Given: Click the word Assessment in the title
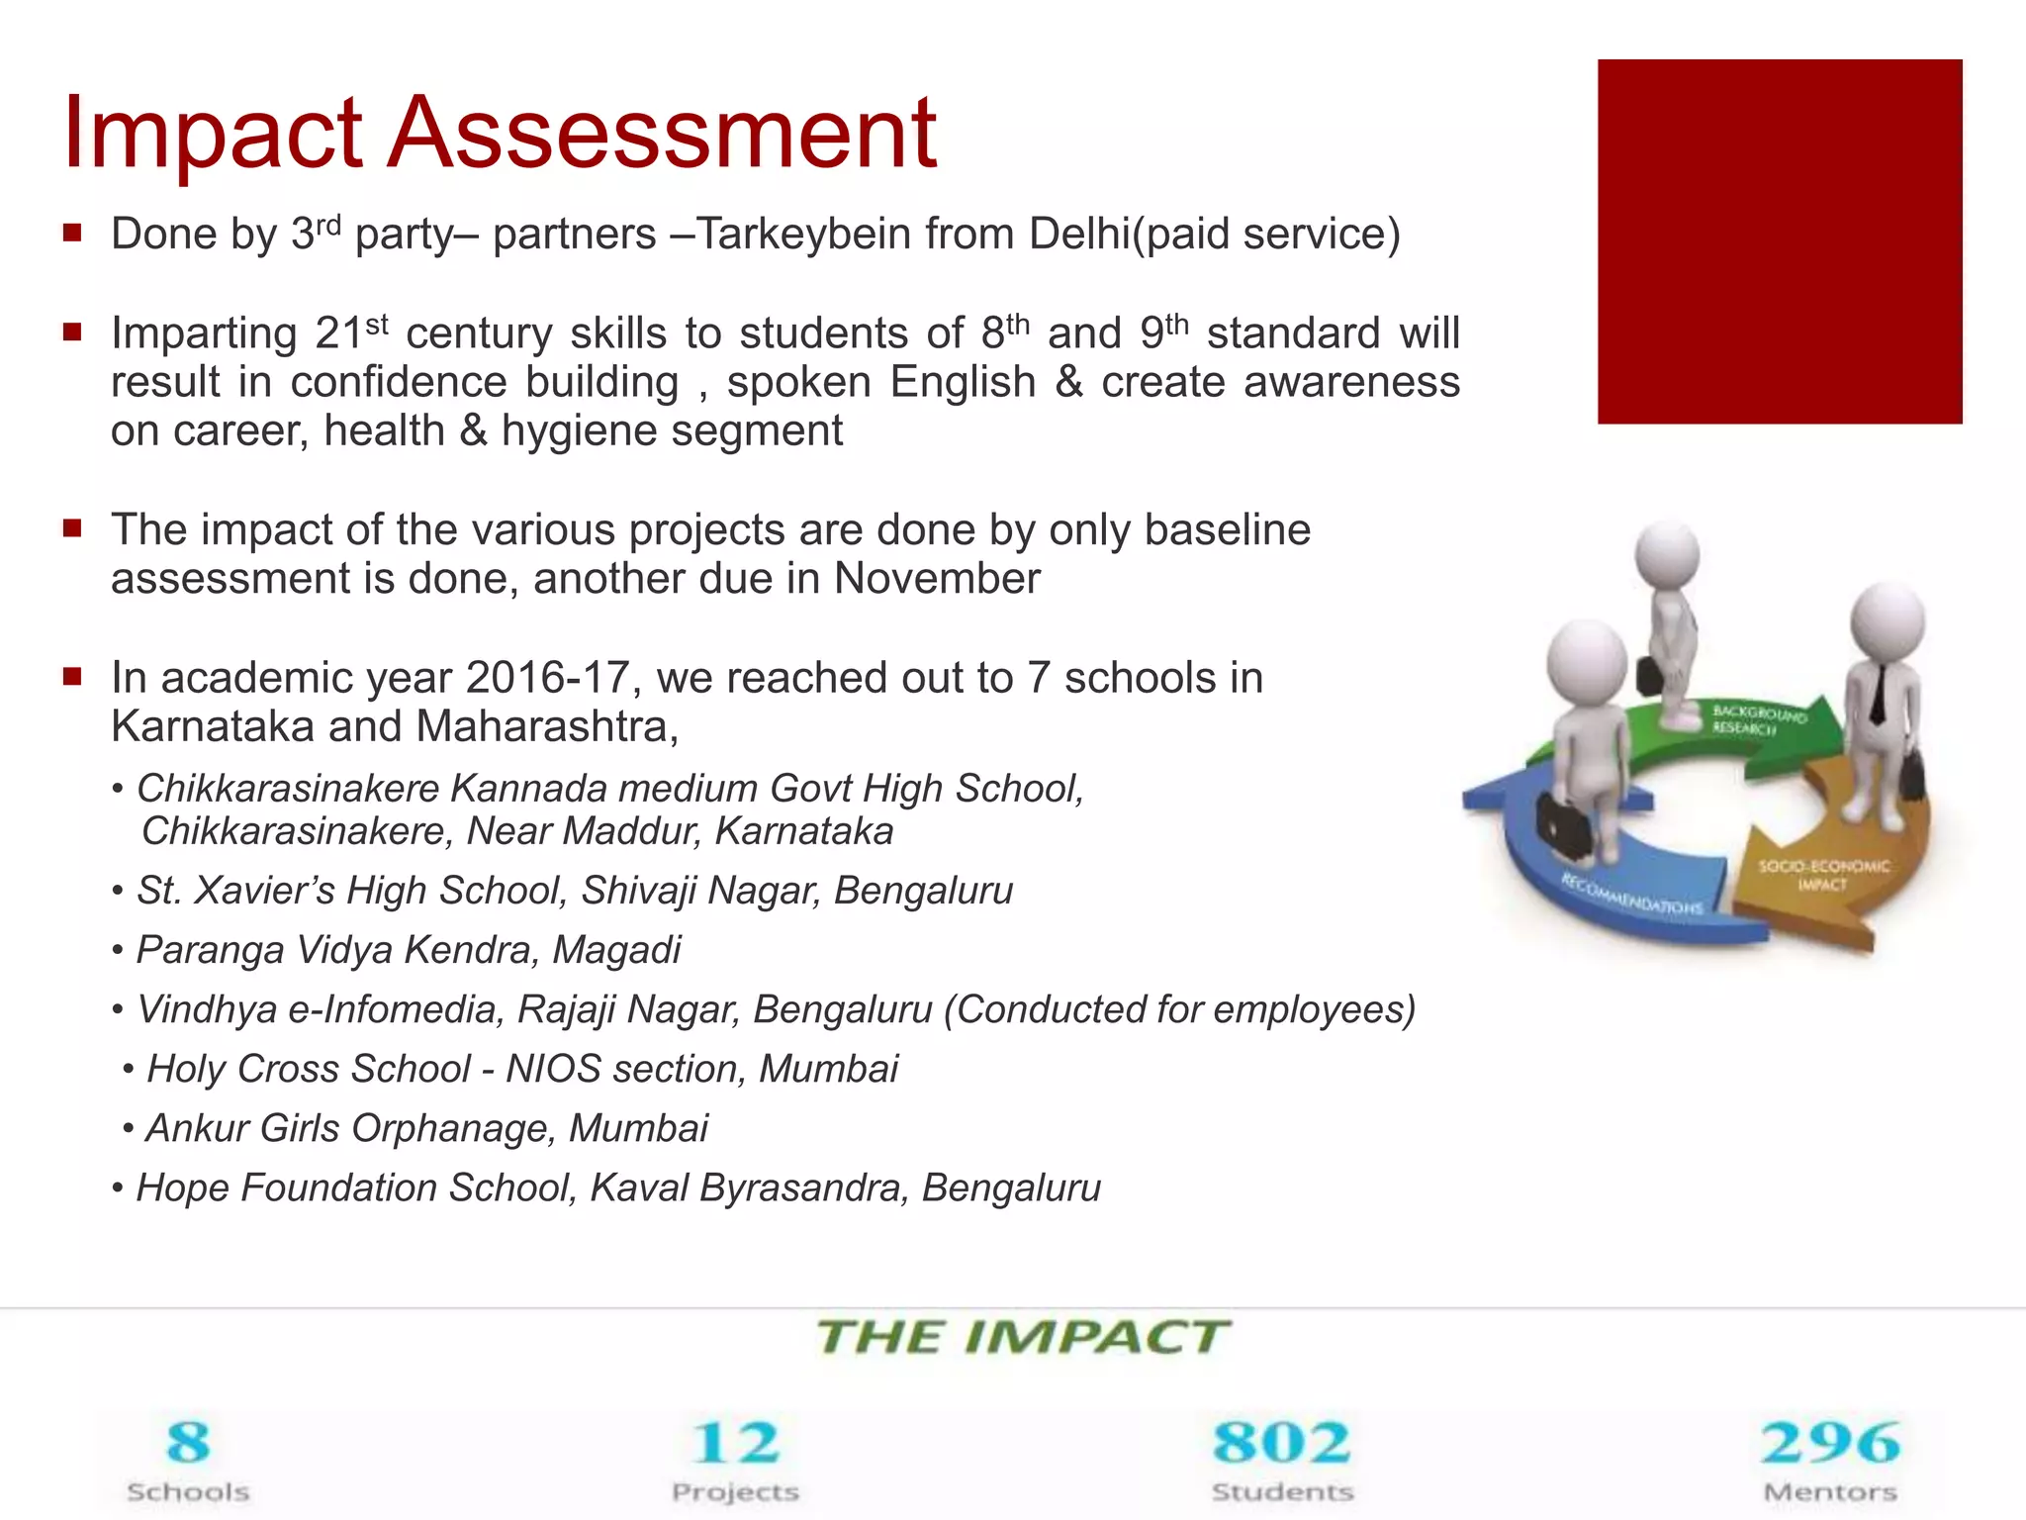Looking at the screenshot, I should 661,134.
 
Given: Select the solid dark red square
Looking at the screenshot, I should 1779,241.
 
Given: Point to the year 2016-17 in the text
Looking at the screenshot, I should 547,679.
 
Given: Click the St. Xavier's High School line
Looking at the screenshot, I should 574,891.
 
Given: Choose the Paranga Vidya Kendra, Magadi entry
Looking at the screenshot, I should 408,950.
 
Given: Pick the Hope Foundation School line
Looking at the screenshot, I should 617,1187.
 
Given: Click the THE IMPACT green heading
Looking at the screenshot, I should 1023,1338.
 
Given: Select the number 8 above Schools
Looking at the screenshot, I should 188,1442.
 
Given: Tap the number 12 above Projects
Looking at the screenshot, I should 735,1442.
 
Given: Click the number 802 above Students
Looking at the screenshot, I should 1282,1442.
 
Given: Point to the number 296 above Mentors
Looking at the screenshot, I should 1830,1442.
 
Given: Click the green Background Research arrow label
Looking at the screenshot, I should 1758,720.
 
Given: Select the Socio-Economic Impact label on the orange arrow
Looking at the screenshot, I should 1822,875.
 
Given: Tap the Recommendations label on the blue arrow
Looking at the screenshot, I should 1632,894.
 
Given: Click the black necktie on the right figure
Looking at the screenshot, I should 1878,693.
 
